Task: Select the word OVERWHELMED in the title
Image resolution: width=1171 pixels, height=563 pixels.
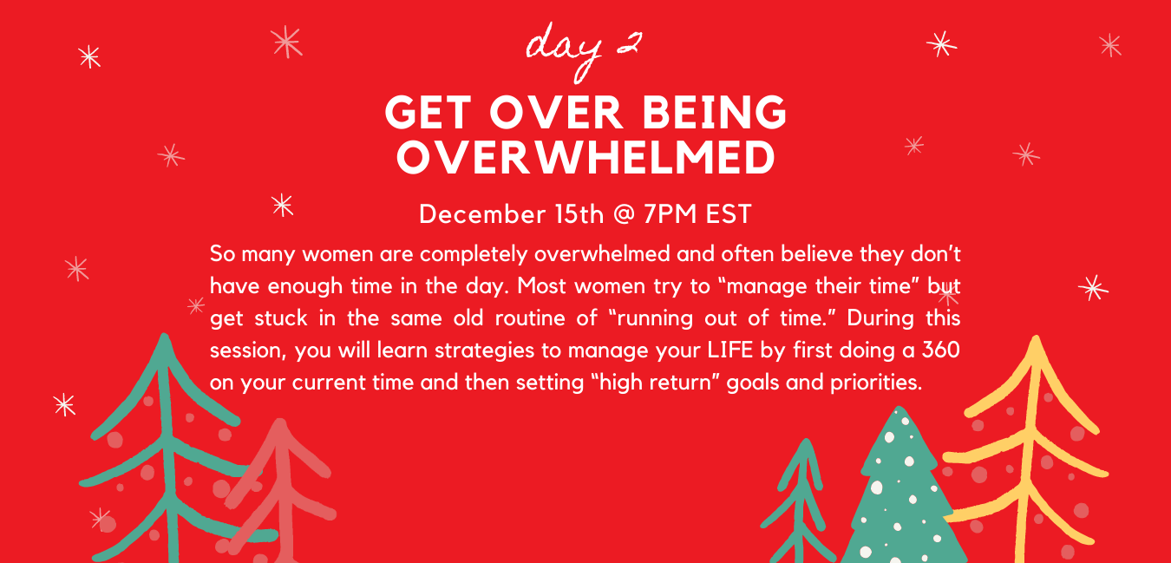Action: [585, 157]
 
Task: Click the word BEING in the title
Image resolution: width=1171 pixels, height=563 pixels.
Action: [714, 112]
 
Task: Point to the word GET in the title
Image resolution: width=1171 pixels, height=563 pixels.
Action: [428, 112]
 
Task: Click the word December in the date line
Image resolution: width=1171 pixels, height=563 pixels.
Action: [482, 214]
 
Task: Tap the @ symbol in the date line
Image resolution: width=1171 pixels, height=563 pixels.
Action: [624, 214]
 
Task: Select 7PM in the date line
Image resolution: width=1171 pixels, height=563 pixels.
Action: [671, 214]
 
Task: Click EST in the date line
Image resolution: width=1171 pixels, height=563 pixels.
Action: [729, 214]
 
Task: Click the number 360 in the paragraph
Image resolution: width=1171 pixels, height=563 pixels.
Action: [941, 350]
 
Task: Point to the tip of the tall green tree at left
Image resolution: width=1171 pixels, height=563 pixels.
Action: [165, 335]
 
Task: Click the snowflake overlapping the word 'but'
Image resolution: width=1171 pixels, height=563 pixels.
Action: [948, 296]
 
